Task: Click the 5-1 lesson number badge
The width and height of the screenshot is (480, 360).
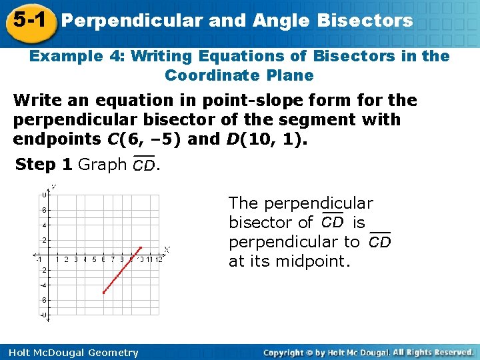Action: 27,21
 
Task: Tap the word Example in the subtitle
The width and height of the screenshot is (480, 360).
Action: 65,57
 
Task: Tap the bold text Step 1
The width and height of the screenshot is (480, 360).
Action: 44,164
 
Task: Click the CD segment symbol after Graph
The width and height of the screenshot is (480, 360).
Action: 143,165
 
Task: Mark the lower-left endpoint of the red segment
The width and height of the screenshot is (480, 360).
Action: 104,292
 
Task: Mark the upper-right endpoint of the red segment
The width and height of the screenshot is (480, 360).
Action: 141,247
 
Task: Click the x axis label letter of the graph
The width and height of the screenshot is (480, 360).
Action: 167,249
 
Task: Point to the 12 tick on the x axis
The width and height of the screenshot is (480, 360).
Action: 158,259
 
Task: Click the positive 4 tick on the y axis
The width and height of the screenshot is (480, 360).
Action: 44,225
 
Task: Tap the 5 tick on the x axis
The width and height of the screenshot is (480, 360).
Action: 94,259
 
